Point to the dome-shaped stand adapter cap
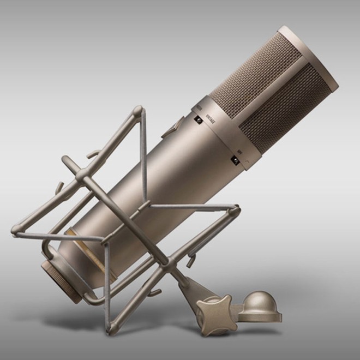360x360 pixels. (x=259, y=303)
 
